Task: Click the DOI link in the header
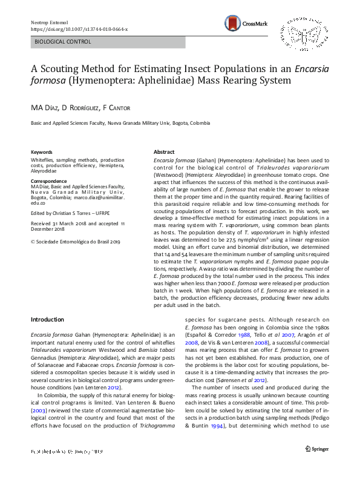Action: coord(79,28)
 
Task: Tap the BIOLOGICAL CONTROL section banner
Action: coord(63,42)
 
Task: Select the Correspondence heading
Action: coord(50,181)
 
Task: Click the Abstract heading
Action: coord(164,152)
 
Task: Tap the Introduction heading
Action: coord(47,319)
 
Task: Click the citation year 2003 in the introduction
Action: coord(39,412)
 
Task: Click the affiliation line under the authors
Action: coord(120,123)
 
